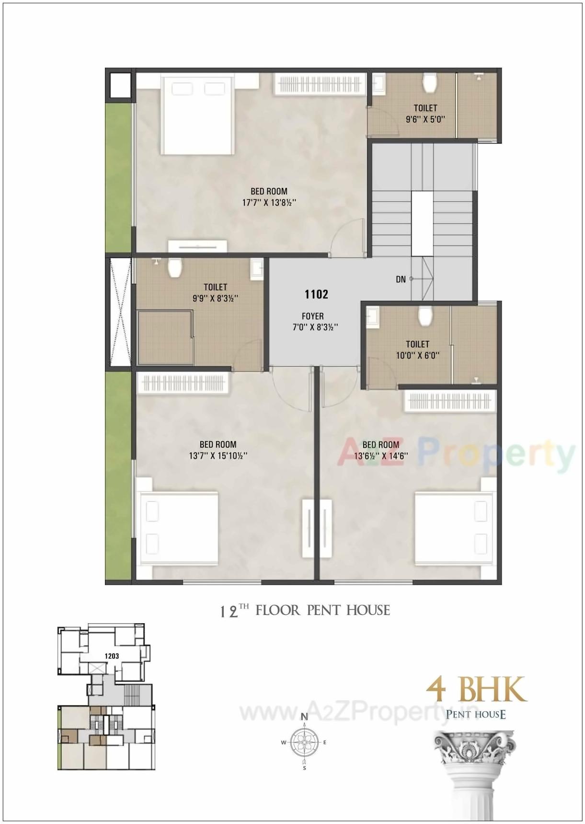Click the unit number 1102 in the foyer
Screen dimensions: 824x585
316,294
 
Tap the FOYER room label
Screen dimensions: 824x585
312,316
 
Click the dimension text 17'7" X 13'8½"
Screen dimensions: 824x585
269,203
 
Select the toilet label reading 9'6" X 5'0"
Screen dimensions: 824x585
425,119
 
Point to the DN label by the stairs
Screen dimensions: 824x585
401,279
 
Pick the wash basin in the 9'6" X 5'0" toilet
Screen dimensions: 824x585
379,82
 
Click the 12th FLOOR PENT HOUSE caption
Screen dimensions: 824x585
305,611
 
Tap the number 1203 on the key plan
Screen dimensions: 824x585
112,656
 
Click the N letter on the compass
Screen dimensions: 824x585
304,717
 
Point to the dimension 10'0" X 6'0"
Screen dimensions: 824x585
417,356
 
